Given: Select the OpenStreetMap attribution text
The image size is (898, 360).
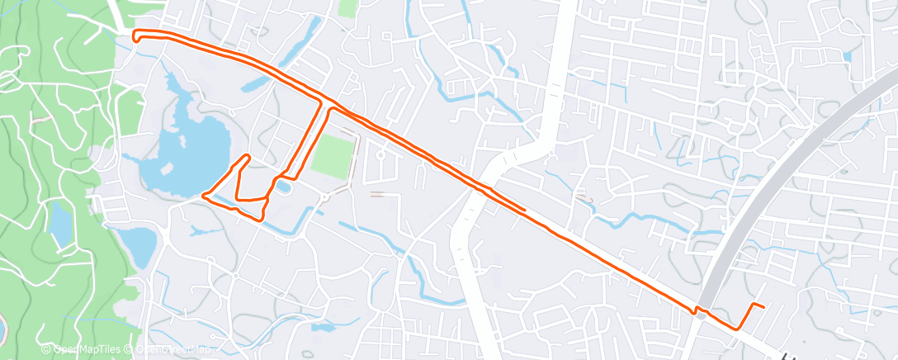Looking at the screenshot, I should pos(169,350).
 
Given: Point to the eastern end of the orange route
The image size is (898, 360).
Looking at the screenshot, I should pos(763,307).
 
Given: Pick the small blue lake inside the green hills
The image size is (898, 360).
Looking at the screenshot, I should pos(59,221).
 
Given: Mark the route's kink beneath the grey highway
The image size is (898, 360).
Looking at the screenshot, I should pos(698,310).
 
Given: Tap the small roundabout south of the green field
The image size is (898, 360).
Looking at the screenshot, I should pos(325,197).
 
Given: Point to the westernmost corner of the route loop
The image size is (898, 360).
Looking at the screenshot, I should pos(203,197).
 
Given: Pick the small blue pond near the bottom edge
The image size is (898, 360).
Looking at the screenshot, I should pos(324,327).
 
